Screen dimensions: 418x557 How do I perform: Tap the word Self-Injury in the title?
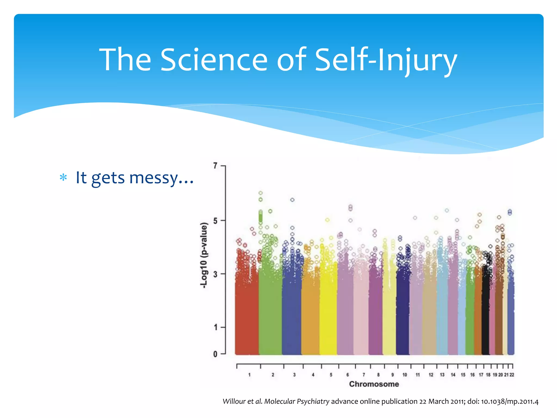(x=386, y=60)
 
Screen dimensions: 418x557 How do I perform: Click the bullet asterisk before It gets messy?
(x=63, y=178)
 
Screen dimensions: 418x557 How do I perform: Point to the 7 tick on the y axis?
(x=215, y=165)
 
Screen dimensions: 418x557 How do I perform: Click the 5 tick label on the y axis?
(x=215, y=220)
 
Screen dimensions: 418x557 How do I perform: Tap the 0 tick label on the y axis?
(x=215, y=354)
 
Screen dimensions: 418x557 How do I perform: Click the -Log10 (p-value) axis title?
(x=204, y=255)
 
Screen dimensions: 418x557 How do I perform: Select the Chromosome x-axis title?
(x=374, y=384)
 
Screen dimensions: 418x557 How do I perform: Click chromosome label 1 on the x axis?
(x=249, y=375)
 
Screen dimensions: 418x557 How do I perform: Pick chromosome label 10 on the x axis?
(x=405, y=375)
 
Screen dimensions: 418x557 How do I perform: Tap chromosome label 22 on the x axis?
(x=512, y=375)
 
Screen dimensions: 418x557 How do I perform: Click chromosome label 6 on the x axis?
(x=348, y=375)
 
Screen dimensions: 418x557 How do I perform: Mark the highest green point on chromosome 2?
(x=261, y=193)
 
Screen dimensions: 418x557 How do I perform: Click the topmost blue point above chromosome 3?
(x=292, y=200)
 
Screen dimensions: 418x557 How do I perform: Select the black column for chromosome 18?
(x=485, y=313)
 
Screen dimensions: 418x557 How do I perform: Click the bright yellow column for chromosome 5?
(x=328, y=313)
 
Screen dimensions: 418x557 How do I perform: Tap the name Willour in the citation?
(x=234, y=401)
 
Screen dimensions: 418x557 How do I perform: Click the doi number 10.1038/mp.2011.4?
(x=510, y=401)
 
